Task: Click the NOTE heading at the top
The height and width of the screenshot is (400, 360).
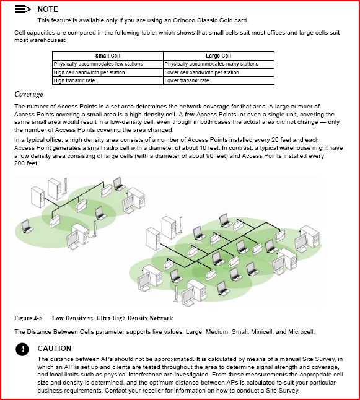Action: coord(48,9)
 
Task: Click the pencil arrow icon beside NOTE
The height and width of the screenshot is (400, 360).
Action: coord(23,9)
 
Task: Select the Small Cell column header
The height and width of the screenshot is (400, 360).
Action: coord(108,56)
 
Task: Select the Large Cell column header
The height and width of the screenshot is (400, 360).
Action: coord(219,56)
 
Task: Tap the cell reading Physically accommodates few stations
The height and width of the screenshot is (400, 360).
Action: coord(99,64)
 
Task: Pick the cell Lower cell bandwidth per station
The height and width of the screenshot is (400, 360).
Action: coord(202,72)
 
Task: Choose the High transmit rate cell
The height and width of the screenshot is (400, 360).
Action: coord(74,80)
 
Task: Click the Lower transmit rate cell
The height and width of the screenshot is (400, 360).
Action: coord(187,80)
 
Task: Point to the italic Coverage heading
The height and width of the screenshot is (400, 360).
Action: coord(29,94)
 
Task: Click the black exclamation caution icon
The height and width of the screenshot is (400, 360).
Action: coord(22,349)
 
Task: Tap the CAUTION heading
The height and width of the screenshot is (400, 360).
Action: coord(55,349)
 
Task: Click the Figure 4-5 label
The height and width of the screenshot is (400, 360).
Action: coord(28,318)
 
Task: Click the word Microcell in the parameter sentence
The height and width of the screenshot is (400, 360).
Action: coord(301,332)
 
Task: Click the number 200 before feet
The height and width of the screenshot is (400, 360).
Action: coord(19,163)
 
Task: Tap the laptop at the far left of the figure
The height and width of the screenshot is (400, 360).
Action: coord(26,226)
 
